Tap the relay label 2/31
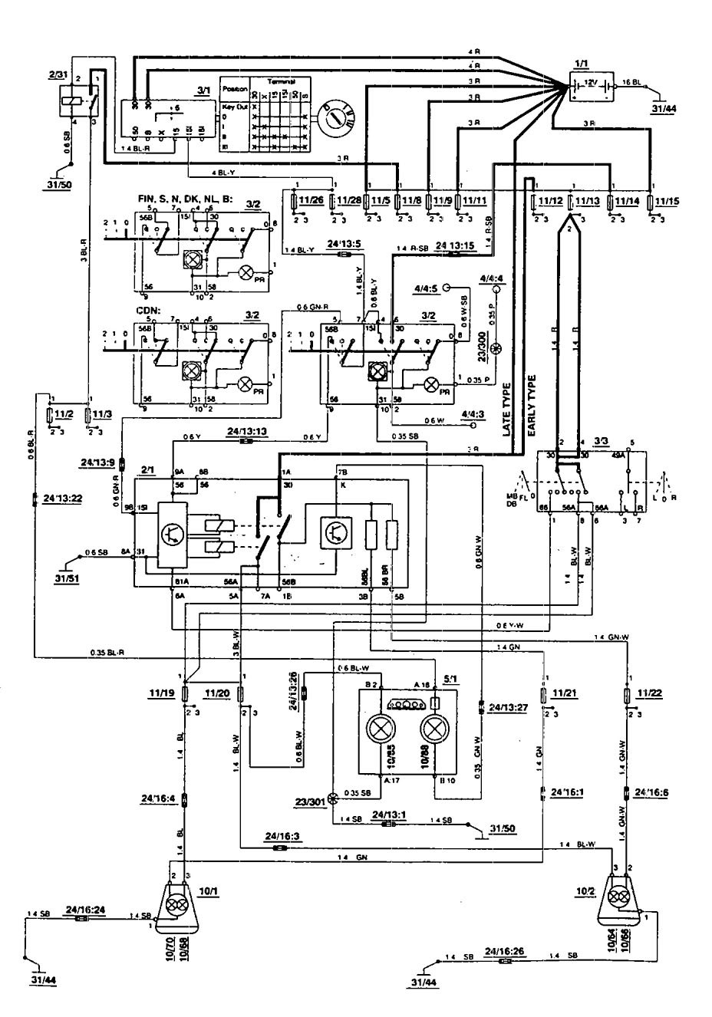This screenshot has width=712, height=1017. point(58,74)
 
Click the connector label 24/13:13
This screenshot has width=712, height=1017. point(246,432)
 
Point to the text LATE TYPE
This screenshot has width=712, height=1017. point(508,407)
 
